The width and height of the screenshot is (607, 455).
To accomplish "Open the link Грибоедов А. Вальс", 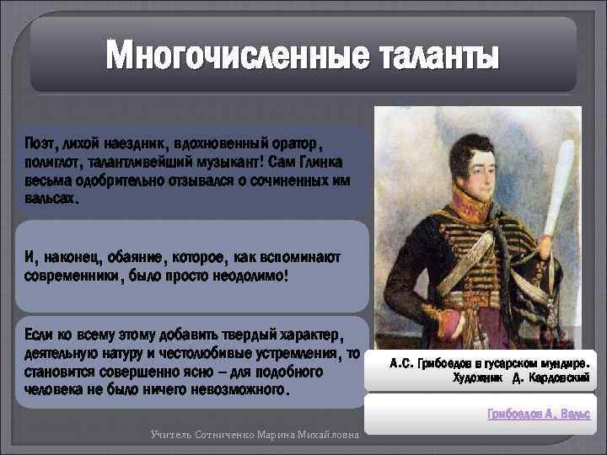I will [x=539, y=415].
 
